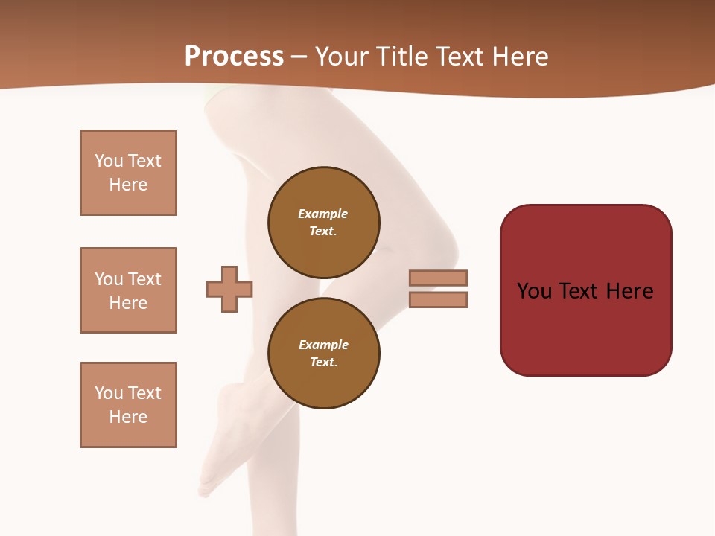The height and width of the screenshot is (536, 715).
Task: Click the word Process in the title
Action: (x=234, y=57)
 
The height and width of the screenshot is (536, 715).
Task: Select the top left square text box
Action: (x=128, y=173)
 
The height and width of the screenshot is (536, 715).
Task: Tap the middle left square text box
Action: (x=128, y=290)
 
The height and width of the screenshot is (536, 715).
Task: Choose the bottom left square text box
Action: (x=128, y=405)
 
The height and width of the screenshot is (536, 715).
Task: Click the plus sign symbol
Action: (x=229, y=289)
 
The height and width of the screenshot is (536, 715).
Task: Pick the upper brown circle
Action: (x=323, y=222)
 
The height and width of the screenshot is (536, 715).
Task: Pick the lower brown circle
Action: (x=323, y=353)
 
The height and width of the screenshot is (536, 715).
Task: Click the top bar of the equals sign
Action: (x=438, y=278)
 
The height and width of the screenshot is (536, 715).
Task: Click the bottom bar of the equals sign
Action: (x=438, y=299)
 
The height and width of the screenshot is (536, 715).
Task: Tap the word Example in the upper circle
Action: (x=322, y=214)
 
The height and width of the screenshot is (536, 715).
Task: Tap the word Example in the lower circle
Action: (x=323, y=345)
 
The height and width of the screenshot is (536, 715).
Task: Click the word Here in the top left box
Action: (x=128, y=185)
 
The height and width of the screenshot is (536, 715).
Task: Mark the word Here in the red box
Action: (x=629, y=291)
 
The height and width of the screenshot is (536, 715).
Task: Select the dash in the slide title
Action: (x=299, y=57)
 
